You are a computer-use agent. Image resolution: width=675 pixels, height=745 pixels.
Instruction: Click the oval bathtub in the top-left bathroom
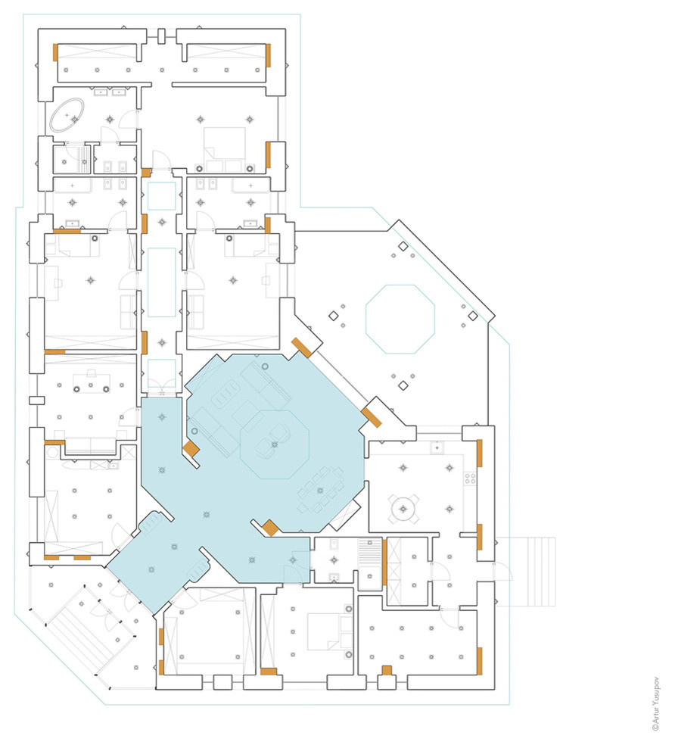point(67,115)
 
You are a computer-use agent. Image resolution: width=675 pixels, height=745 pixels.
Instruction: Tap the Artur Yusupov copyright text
point(656,703)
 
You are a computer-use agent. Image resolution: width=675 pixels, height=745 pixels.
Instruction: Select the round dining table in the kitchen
point(403,509)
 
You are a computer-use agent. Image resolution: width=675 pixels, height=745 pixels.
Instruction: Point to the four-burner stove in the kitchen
point(470,478)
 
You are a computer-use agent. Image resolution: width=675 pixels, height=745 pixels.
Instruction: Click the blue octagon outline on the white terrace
point(400,320)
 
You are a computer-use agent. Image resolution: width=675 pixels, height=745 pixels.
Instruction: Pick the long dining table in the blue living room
point(321,491)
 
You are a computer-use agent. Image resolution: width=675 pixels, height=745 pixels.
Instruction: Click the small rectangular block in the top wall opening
point(161,36)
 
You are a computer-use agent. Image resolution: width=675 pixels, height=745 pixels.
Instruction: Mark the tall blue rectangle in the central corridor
point(161,282)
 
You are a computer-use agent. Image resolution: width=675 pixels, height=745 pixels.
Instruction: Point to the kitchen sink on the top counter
point(437,447)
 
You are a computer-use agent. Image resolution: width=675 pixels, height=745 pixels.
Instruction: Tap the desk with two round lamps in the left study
point(92,383)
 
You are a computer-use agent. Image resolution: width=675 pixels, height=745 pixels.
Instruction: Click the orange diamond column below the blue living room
point(270,528)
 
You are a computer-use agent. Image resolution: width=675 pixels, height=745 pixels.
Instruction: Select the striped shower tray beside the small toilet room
point(369,553)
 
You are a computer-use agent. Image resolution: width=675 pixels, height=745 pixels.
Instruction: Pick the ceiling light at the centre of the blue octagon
point(275,444)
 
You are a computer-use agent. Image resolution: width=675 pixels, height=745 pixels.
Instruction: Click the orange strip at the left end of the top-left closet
point(55,52)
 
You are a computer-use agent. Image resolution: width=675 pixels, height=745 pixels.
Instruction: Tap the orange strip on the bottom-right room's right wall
point(479,660)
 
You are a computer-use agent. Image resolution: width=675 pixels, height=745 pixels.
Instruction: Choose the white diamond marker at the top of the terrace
point(403,246)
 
